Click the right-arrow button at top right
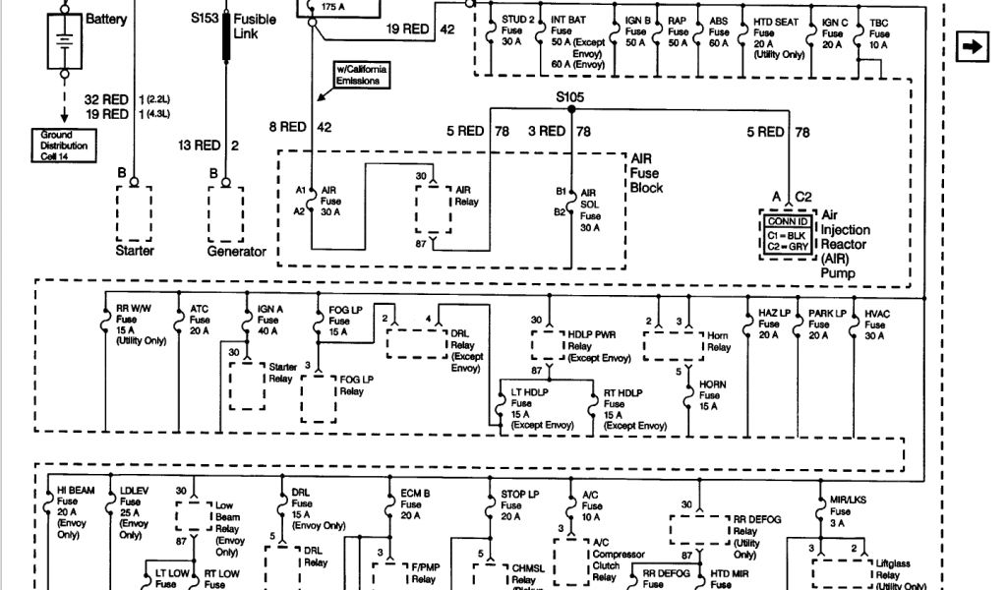pos(972,46)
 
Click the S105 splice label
pos(570,96)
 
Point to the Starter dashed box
pos(135,213)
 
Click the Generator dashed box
pos(225,213)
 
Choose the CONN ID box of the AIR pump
pos(788,233)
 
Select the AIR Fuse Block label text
pos(646,172)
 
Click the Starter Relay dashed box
pos(247,384)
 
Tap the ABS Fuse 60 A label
pos(719,31)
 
